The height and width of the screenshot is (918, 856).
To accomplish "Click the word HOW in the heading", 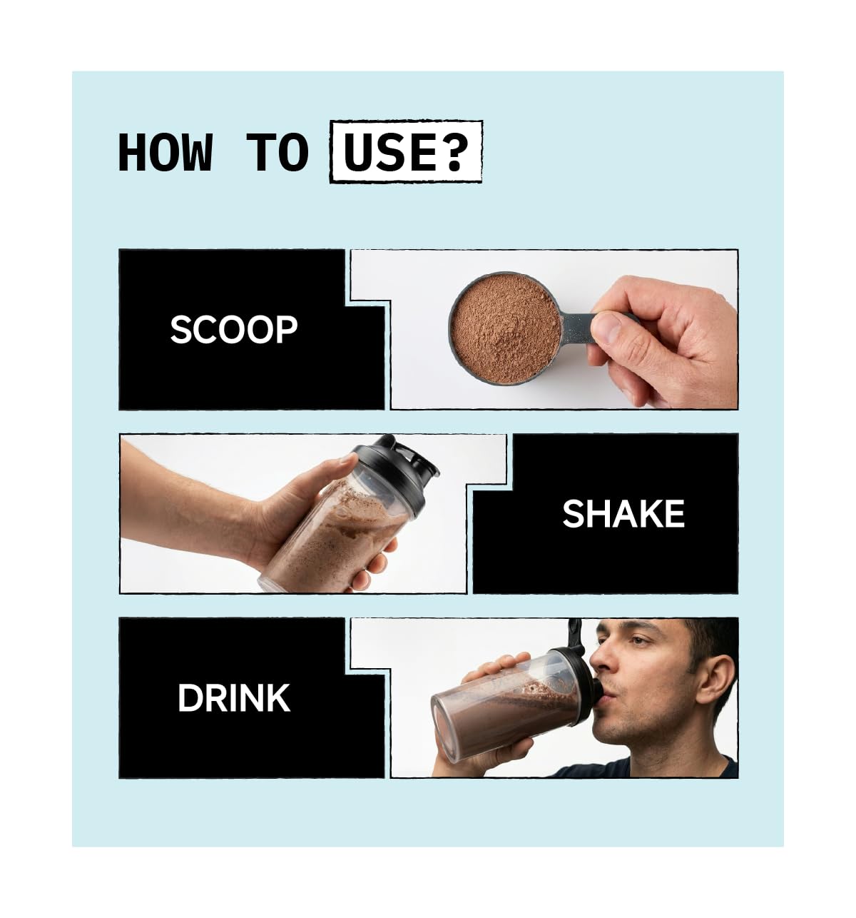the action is click(165, 152).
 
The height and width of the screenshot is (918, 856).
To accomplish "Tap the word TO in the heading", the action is click(277, 152).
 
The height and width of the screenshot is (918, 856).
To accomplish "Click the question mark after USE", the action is click(455, 152).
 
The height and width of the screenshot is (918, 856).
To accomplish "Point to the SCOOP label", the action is click(234, 330).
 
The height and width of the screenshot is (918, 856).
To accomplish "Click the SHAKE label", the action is click(623, 513).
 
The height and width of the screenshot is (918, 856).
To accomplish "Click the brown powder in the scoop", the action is click(505, 328).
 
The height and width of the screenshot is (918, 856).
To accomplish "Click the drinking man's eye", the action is click(639, 642).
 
